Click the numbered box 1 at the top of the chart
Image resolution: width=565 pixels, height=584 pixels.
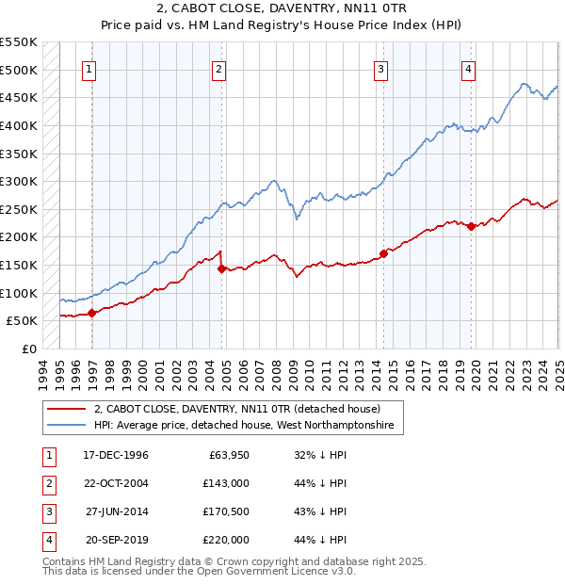89,69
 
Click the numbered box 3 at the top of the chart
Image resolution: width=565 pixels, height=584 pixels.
380,69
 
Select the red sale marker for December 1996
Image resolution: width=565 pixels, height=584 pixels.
91,314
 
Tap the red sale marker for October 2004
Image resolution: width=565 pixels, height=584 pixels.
221,269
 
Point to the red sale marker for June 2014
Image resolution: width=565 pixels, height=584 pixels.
384,253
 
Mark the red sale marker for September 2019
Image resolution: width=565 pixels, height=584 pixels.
471,226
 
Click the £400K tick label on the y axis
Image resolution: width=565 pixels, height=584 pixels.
18,125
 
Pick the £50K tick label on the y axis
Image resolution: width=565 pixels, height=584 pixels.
22,321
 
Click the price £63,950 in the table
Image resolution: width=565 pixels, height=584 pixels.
227,455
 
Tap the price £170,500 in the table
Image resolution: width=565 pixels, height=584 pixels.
226,511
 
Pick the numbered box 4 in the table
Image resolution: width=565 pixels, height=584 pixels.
47,540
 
